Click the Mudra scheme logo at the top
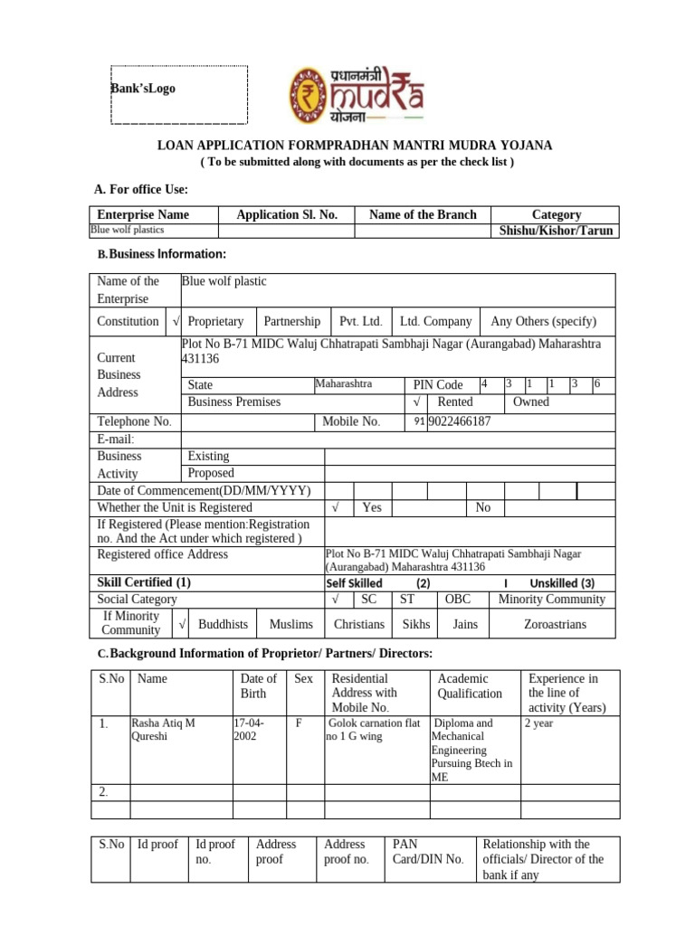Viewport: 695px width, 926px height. pos(356,94)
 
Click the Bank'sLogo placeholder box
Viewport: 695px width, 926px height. pos(178,94)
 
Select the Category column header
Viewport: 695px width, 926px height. pos(556,214)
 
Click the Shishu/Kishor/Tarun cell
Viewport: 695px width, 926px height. pos(556,231)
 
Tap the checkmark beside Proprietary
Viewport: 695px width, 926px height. pos(175,322)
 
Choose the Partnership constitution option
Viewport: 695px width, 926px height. pos(291,322)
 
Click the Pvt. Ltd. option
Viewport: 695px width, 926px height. pos(360,322)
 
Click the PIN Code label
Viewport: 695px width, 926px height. pos(438,385)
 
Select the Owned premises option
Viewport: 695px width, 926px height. pos(531,402)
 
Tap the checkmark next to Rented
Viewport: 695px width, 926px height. pos(415,402)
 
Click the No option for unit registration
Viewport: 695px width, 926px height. pos(483,508)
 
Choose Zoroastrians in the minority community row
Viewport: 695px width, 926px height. pos(555,624)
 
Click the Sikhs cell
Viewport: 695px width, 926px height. pos(415,624)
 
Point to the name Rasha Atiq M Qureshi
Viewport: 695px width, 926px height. pos(165,730)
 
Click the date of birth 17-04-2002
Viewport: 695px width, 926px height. pos(247,730)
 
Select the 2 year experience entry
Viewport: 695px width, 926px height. pos(539,723)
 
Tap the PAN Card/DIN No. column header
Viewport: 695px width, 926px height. pos(427,852)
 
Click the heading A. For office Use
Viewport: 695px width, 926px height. pos(141,189)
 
